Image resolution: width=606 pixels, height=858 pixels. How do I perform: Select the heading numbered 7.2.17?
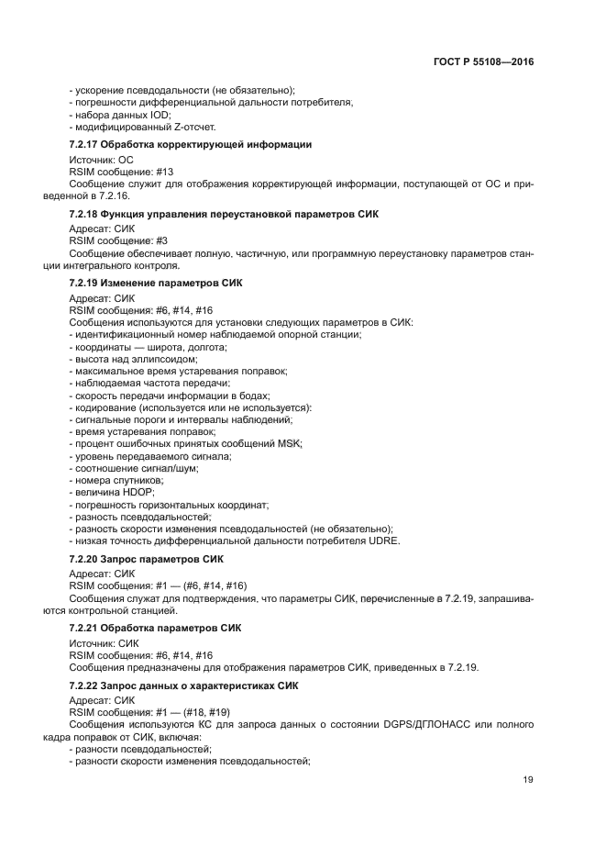pyautogui.click(x=191, y=145)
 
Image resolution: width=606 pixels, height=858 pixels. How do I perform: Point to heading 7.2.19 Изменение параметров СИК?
pyautogui.click(x=156, y=283)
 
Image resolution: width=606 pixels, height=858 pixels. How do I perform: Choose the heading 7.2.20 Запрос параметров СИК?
pyautogui.click(x=147, y=559)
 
